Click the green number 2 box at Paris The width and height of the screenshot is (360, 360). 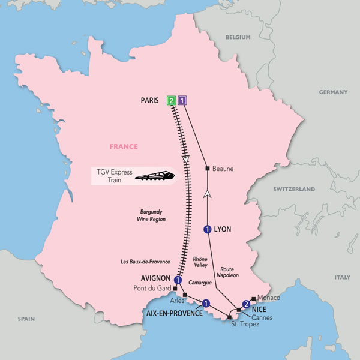[172, 101]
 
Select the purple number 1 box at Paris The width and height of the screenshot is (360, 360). [183, 101]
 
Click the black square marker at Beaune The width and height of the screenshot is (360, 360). [207, 169]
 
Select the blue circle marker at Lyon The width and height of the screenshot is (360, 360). [207, 229]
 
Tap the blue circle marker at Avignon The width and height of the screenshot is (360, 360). [178, 280]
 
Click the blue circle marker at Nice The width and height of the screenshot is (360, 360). [245, 304]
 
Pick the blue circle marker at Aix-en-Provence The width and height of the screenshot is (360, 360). [206, 303]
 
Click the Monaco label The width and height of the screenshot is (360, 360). [268, 298]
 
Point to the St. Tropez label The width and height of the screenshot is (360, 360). [244, 325]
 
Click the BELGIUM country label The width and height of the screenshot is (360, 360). [238, 37]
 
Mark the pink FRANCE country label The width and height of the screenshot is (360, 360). [124, 146]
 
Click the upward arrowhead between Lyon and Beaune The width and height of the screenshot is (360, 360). [207, 193]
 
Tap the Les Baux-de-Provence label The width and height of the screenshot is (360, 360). [145, 262]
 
